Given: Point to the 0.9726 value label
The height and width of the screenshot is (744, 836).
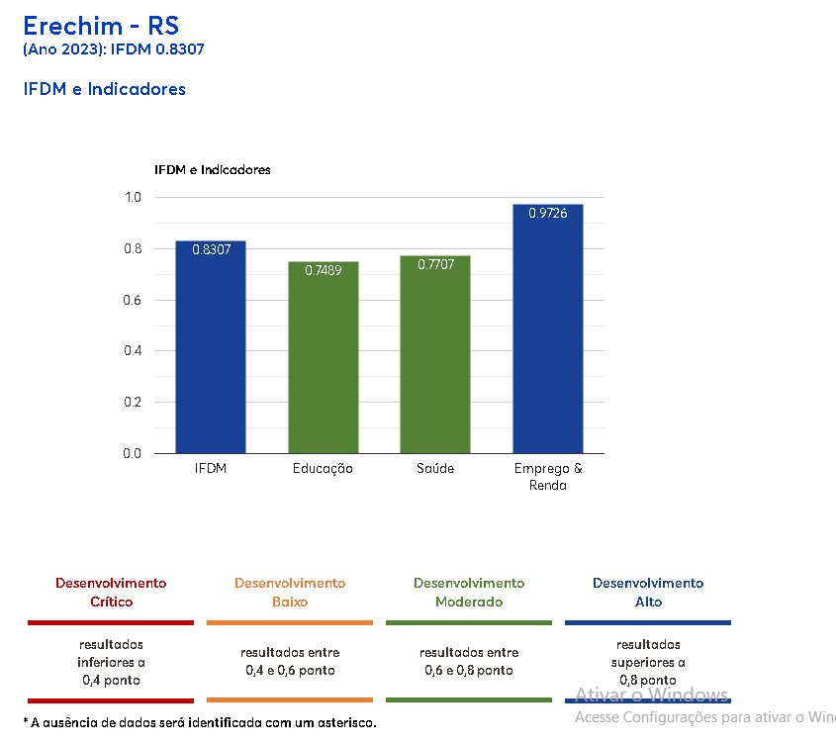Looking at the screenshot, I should coord(547,214).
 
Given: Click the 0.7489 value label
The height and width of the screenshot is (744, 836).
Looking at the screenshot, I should coord(324,270).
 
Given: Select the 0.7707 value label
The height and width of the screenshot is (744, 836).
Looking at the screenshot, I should coord(435,264).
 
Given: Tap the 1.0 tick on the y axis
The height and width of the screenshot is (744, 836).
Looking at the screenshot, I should coord(133,198).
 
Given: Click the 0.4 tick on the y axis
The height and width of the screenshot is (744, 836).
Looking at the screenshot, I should coord(133,351).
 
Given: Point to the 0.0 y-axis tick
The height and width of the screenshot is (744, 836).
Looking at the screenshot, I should coord(133,453).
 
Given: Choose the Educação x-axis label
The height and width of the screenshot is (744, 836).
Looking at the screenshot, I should coord(323,469).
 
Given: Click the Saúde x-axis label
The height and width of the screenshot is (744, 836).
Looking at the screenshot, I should coord(435,469).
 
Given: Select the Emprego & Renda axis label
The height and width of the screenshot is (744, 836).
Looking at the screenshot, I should coord(548,477).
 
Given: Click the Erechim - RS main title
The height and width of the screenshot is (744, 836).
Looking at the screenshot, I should coord(101,25).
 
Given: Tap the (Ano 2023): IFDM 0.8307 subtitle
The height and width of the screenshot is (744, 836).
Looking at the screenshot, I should coord(114,48).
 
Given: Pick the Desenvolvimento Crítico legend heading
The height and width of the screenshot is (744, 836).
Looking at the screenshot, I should coord(111,592).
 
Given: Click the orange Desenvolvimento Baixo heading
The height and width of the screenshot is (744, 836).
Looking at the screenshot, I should coord(290,592).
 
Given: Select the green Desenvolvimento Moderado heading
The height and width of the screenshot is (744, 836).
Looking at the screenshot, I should coord(469,592).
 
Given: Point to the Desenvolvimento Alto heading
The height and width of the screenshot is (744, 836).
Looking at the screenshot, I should coord(648,592).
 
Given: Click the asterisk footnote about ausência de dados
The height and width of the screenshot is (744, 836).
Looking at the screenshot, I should coord(200,723).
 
